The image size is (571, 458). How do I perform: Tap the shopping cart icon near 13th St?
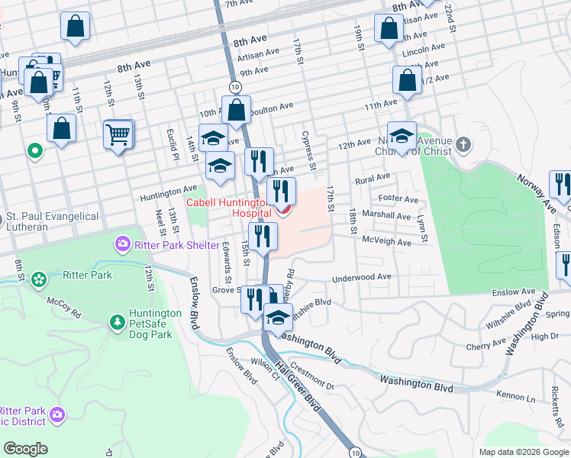(118, 136)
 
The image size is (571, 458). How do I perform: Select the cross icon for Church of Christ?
(463, 144)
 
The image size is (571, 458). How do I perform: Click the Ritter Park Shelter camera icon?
(122, 245)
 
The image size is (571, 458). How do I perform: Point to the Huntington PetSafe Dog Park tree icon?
(117, 323)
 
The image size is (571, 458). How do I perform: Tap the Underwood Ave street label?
(362, 277)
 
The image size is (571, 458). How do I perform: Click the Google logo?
(25, 449)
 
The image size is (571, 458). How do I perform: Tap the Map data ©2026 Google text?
(524, 452)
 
